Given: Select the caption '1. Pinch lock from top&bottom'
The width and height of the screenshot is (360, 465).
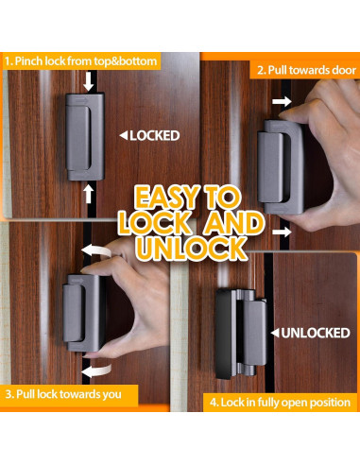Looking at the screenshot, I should [79, 60].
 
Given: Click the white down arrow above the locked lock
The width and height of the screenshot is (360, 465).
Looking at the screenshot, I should [88, 84].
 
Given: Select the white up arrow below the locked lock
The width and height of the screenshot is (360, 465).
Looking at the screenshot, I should [88, 193].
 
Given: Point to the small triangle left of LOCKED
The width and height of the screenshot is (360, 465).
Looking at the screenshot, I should [122, 135].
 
